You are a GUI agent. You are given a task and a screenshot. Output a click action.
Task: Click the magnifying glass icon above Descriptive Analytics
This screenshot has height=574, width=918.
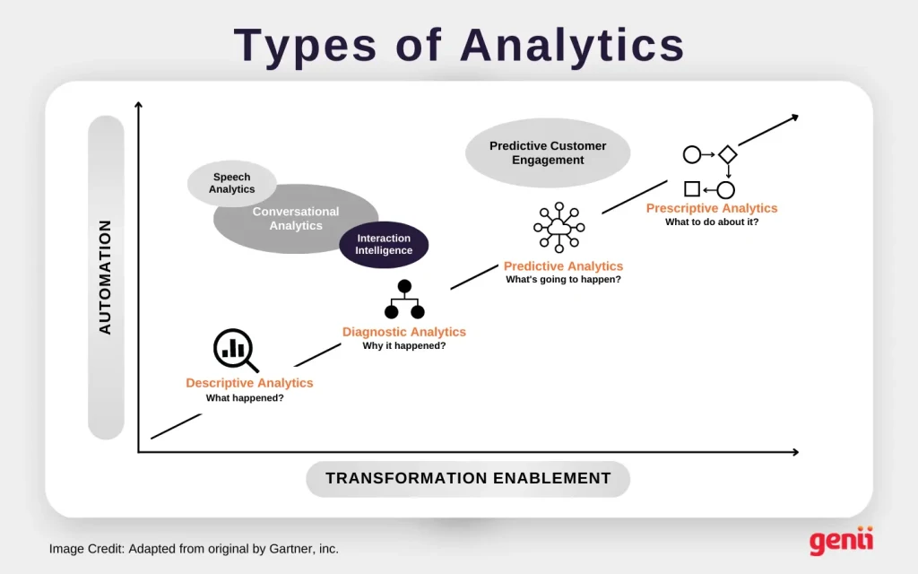coord(235,350)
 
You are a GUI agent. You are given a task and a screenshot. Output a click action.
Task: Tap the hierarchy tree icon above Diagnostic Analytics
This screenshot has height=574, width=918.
coord(404,300)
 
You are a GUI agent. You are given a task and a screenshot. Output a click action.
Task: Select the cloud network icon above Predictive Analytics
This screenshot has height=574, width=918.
coord(559,227)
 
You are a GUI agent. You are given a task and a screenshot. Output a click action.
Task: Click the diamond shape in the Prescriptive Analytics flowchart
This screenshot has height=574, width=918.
coord(727,154)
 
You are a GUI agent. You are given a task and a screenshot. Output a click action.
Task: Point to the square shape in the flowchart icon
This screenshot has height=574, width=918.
coord(692,189)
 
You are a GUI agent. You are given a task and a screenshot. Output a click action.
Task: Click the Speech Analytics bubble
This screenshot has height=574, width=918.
coord(231,183)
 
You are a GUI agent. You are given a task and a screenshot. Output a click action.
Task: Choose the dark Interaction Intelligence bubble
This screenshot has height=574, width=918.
coord(384,244)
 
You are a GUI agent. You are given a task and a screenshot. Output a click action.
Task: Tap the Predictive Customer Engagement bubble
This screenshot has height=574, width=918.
coord(548,152)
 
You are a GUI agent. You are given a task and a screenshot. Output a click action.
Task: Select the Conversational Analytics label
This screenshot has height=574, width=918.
coord(296,219)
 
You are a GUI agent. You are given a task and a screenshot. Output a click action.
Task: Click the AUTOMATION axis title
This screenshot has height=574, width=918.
coord(106,277)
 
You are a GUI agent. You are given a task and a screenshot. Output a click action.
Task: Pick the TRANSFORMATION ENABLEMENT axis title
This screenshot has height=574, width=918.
coord(468,478)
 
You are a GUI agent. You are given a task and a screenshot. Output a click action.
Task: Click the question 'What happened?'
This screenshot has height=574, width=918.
coord(245,397)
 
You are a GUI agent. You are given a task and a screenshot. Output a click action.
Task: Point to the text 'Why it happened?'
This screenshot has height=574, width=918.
coord(404,346)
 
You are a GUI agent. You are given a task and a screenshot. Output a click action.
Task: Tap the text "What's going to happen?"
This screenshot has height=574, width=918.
coord(563,280)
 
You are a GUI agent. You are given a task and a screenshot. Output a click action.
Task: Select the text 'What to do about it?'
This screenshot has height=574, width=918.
coord(712,222)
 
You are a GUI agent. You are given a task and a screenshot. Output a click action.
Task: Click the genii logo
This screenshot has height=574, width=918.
coord(841,542)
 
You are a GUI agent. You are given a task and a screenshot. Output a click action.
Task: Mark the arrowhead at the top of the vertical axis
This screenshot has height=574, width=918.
coord(138,106)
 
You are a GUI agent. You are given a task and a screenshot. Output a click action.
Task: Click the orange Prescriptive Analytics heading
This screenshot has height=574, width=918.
coord(712,208)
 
